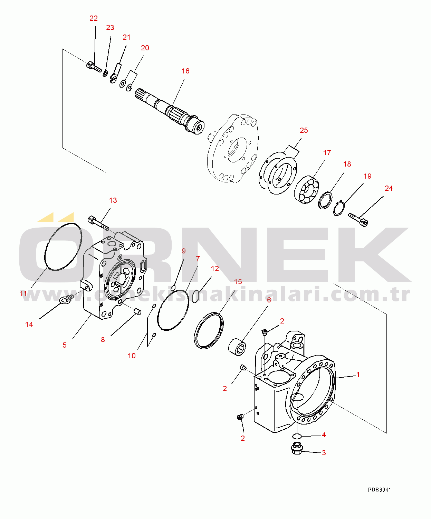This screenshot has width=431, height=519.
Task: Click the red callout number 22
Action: click(94, 18)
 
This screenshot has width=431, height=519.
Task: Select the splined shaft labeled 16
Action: click(170, 111)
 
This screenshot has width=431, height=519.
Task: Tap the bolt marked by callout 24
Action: click(358, 219)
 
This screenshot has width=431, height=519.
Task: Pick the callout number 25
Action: click(304, 130)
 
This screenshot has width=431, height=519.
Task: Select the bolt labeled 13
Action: click(98, 223)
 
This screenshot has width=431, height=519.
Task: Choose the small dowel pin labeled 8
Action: click(138, 311)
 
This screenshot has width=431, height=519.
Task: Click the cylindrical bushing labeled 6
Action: click(237, 346)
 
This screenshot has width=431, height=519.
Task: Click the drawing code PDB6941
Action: click(380, 490)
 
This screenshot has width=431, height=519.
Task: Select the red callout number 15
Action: click(238, 282)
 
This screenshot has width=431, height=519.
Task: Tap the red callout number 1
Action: click(358, 374)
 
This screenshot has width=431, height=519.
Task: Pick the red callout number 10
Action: click(132, 356)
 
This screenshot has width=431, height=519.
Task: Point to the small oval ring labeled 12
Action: click(196, 296)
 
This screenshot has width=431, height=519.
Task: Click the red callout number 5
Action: click(65, 345)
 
